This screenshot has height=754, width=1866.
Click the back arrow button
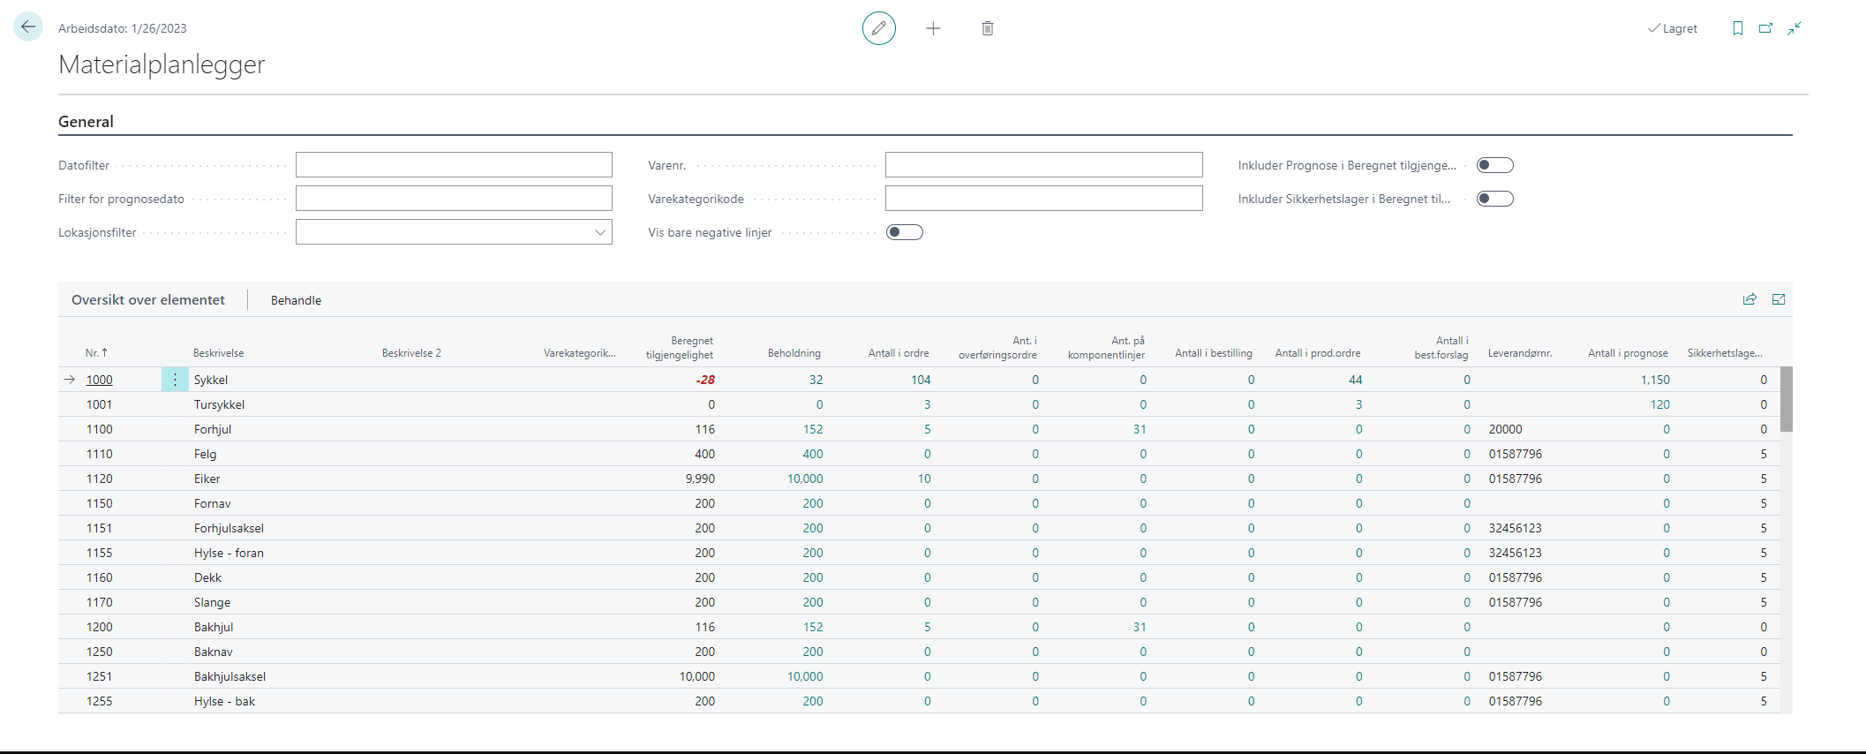(28, 27)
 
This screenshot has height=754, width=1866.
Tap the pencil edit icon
(878, 28)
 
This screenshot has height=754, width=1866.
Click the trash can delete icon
(987, 28)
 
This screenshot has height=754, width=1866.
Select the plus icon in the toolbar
(933, 28)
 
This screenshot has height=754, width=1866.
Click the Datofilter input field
(454, 165)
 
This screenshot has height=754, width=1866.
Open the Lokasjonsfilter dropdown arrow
(600, 232)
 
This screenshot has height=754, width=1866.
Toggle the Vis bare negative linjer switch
(904, 232)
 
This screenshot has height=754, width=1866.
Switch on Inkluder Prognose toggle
(1494, 165)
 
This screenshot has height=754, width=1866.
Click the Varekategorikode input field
(1043, 199)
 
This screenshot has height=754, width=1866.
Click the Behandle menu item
(296, 300)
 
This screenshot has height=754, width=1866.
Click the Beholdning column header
(794, 353)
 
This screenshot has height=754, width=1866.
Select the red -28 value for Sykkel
(705, 380)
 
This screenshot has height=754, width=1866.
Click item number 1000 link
(99, 380)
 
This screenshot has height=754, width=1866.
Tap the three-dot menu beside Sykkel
(175, 380)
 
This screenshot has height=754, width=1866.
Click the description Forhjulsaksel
(229, 528)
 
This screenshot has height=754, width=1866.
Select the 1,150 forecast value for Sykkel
(1655, 380)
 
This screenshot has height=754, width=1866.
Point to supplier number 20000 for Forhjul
(1505, 429)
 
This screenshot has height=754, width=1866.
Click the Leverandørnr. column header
(1519, 353)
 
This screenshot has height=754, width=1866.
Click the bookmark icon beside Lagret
(1737, 28)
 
